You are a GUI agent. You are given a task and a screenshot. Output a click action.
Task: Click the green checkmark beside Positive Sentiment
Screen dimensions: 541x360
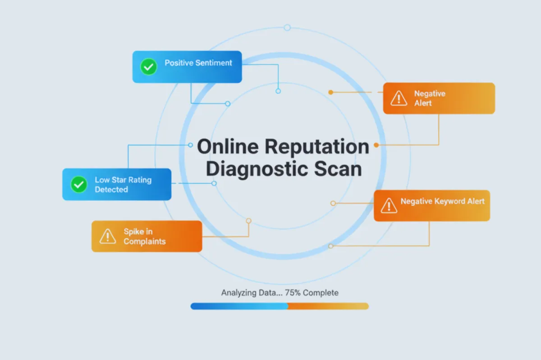tap(148, 67)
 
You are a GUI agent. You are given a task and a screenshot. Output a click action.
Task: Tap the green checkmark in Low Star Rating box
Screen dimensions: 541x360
tap(79, 185)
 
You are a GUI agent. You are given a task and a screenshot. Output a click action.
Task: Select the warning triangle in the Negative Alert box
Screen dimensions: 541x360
tap(399, 98)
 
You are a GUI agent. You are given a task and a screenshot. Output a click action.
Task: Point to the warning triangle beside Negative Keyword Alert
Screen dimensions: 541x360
tap(389, 206)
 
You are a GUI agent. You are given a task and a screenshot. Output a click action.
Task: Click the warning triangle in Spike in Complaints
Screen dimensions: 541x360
tap(108, 236)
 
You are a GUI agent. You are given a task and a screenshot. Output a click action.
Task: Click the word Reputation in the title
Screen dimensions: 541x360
tap(317, 147)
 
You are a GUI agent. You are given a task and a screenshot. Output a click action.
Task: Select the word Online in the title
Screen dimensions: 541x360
tap(228, 147)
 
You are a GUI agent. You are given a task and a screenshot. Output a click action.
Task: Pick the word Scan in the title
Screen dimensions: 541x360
tap(338, 169)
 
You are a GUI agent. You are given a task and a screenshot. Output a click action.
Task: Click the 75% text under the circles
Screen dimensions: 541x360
tap(293, 293)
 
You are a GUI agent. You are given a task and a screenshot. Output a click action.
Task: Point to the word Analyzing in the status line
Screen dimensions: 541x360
tap(239, 293)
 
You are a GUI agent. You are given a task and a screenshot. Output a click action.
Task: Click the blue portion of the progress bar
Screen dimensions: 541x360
tap(239, 306)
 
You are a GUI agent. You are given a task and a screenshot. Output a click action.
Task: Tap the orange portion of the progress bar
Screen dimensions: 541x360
tap(329, 306)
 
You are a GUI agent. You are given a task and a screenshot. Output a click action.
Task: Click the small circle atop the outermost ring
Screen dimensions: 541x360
tap(287, 28)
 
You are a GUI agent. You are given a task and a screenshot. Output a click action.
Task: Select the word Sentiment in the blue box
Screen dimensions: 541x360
tap(214, 63)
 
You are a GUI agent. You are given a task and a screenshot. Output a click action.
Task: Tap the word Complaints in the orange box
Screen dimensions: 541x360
tap(145, 241)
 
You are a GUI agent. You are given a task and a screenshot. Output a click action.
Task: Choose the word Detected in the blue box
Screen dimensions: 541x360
tap(111, 189)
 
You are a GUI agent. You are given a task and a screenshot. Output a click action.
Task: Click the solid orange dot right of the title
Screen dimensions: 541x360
tap(376, 145)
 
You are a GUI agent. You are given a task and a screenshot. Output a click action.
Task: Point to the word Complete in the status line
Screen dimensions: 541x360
tap(321, 293)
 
